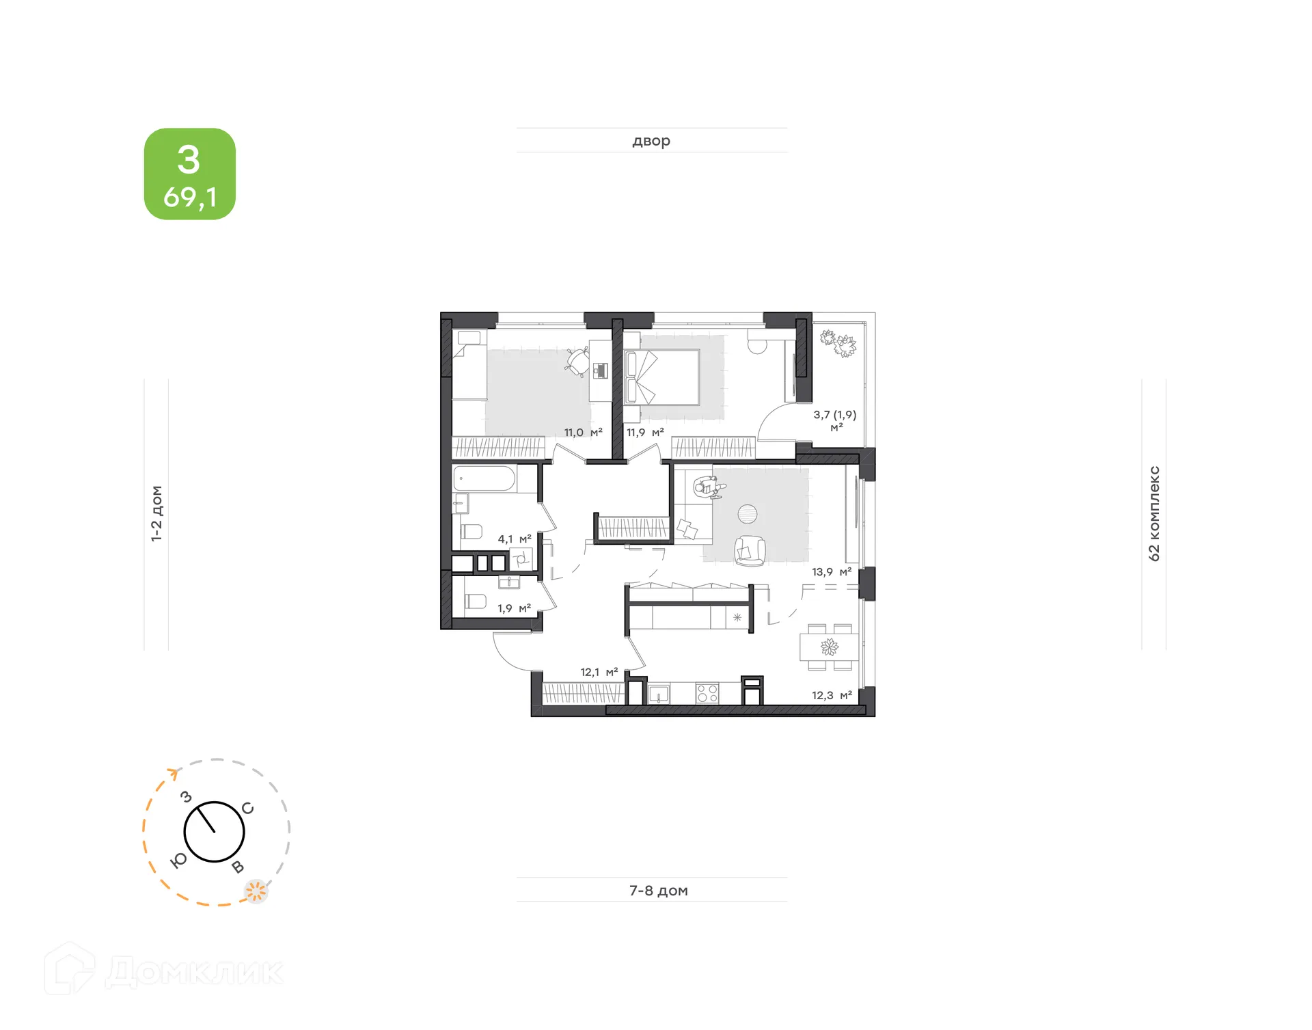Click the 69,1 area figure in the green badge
(x=190, y=198)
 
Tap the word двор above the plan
(x=651, y=141)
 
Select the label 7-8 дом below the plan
(x=658, y=890)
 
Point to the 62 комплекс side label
(x=1154, y=513)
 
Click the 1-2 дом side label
(x=156, y=513)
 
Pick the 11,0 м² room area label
(x=583, y=432)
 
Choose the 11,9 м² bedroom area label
(x=645, y=432)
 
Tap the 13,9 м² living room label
(x=832, y=571)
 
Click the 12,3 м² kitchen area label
(x=832, y=695)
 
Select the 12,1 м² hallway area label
(x=599, y=672)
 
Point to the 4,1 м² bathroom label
(x=515, y=539)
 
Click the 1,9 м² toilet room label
(x=514, y=608)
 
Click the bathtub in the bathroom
(x=484, y=478)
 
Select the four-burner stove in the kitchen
(x=707, y=694)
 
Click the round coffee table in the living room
(x=748, y=513)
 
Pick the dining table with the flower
(x=829, y=647)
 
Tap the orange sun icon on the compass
(x=256, y=891)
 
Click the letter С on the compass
(x=247, y=809)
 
